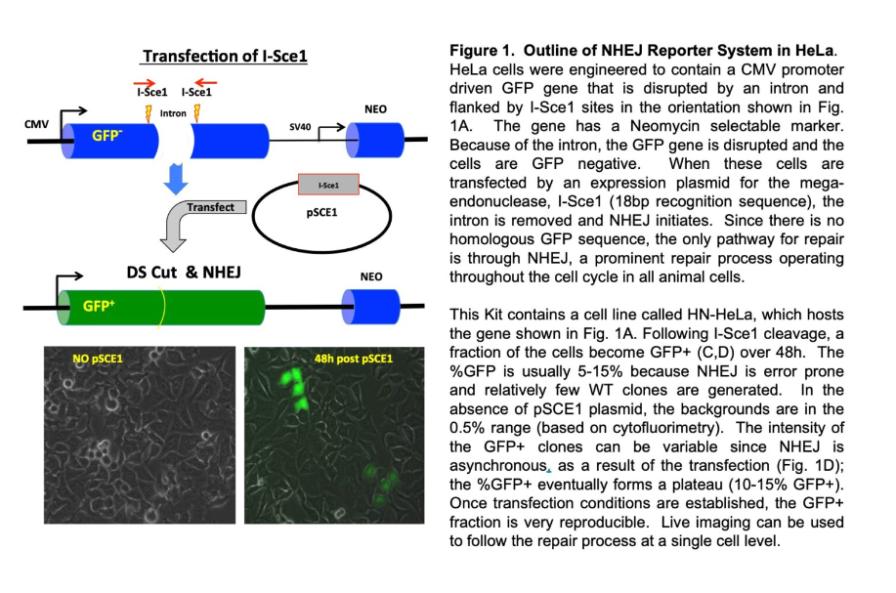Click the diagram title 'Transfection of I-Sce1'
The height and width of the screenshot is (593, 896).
pyautogui.click(x=225, y=56)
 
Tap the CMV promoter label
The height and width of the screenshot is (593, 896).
pyautogui.click(x=36, y=124)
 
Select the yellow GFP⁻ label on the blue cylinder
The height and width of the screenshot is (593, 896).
pyautogui.click(x=107, y=136)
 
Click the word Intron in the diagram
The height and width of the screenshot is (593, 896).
pyautogui.click(x=173, y=113)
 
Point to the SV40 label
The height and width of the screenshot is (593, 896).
pyautogui.click(x=300, y=126)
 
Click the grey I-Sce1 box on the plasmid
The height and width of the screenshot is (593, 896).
pyautogui.click(x=328, y=185)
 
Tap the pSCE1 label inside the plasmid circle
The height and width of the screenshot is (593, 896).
pyautogui.click(x=321, y=213)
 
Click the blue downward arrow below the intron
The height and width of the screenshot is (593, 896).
pyautogui.click(x=176, y=179)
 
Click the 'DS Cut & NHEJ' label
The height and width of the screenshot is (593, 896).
pyautogui.click(x=184, y=272)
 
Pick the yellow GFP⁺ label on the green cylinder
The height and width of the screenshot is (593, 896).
pyautogui.click(x=99, y=306)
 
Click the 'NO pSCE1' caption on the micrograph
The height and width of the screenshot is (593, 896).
pyautogui.click(x=98, y=359)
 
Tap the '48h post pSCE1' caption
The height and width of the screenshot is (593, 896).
pyautogui.click(x=354, y=359)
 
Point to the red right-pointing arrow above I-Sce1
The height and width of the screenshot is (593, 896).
pyautogui.click(x=145, y=83)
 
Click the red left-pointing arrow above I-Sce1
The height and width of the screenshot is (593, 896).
pyautogui.click(x=205, y=83)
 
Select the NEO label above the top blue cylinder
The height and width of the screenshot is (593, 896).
pyautogui.click(x=375, y=109)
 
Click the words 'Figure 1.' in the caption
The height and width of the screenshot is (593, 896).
pyautogui.click(x=482, y=51)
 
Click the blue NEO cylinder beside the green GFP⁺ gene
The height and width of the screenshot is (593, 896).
pyautogui.click(x=371, y=307)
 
